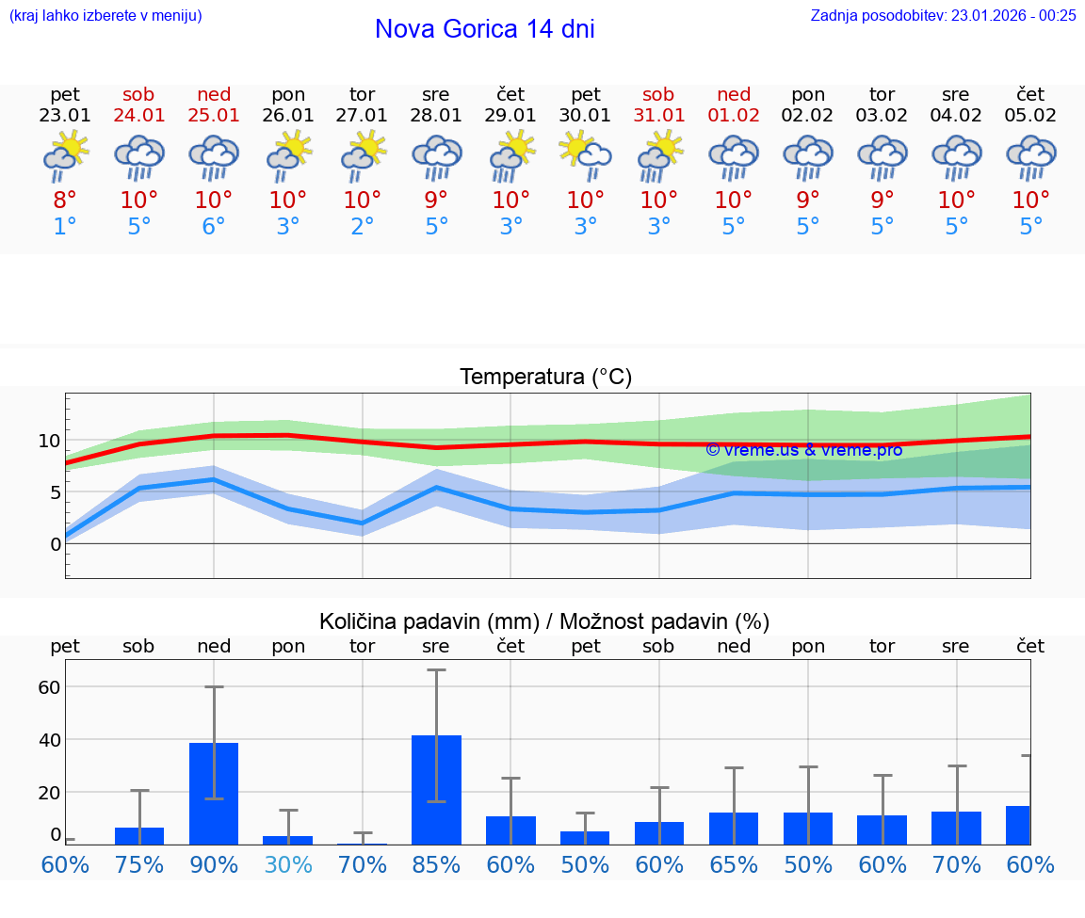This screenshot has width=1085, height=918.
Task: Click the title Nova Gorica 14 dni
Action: point(484,29)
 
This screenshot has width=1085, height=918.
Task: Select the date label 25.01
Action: point(213,116)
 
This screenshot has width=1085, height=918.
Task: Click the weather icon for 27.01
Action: point(363,157)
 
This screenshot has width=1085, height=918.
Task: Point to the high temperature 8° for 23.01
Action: point(65,201)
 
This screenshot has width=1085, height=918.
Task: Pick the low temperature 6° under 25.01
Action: point(213,227)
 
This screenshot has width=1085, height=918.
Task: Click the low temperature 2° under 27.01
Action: point(363,227)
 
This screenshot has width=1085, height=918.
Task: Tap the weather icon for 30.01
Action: point(585,157)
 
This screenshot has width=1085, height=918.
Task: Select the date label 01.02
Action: point(734,116)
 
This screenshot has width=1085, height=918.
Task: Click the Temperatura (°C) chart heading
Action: point(545,378)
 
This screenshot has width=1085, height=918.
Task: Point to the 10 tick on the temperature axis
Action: point(49,441)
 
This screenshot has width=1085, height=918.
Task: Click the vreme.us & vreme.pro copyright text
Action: point(803,450)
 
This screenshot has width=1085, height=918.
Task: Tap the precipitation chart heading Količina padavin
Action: point(544,621)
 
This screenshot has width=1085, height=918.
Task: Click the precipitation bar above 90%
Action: point(214,793)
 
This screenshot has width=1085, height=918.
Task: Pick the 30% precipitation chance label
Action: point(288,865)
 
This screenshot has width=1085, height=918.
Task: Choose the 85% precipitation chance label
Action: point(436,865)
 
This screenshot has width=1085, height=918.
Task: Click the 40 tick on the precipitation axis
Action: point(49,740)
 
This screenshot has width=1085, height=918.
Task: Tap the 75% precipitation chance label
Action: point(139,865)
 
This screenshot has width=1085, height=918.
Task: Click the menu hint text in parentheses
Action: point(105,15)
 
